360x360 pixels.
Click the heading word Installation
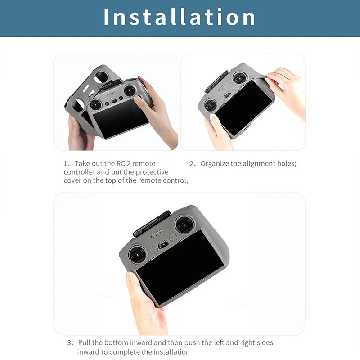[180, 17]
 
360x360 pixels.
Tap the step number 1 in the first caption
[66, 163]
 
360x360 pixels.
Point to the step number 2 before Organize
[192, 163]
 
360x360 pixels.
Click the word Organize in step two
[215, 163]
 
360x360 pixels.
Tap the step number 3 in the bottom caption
[70, 343]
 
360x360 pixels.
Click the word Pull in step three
[85, 343]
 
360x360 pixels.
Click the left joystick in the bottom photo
[137, 255]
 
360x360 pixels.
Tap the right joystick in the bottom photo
[184, 225]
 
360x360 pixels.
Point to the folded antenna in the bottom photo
[151, 223]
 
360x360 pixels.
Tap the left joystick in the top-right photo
[211, 104]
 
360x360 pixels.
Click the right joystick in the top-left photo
[130, 90]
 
